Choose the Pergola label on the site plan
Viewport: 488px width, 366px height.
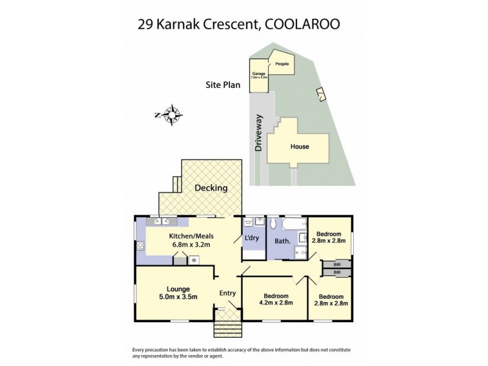[281, 64]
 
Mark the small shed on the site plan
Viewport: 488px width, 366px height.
[320, 93]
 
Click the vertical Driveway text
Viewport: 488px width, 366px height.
[259, 132]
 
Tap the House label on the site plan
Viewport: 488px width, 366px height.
[300, 146]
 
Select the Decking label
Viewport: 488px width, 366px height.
[211, 188]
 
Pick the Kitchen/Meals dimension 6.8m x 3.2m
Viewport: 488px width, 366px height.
[189, 245]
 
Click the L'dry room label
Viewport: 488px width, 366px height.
[252, 238]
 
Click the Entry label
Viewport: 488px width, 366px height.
[228, 293]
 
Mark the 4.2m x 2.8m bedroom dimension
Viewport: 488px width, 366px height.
[276, 303]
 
